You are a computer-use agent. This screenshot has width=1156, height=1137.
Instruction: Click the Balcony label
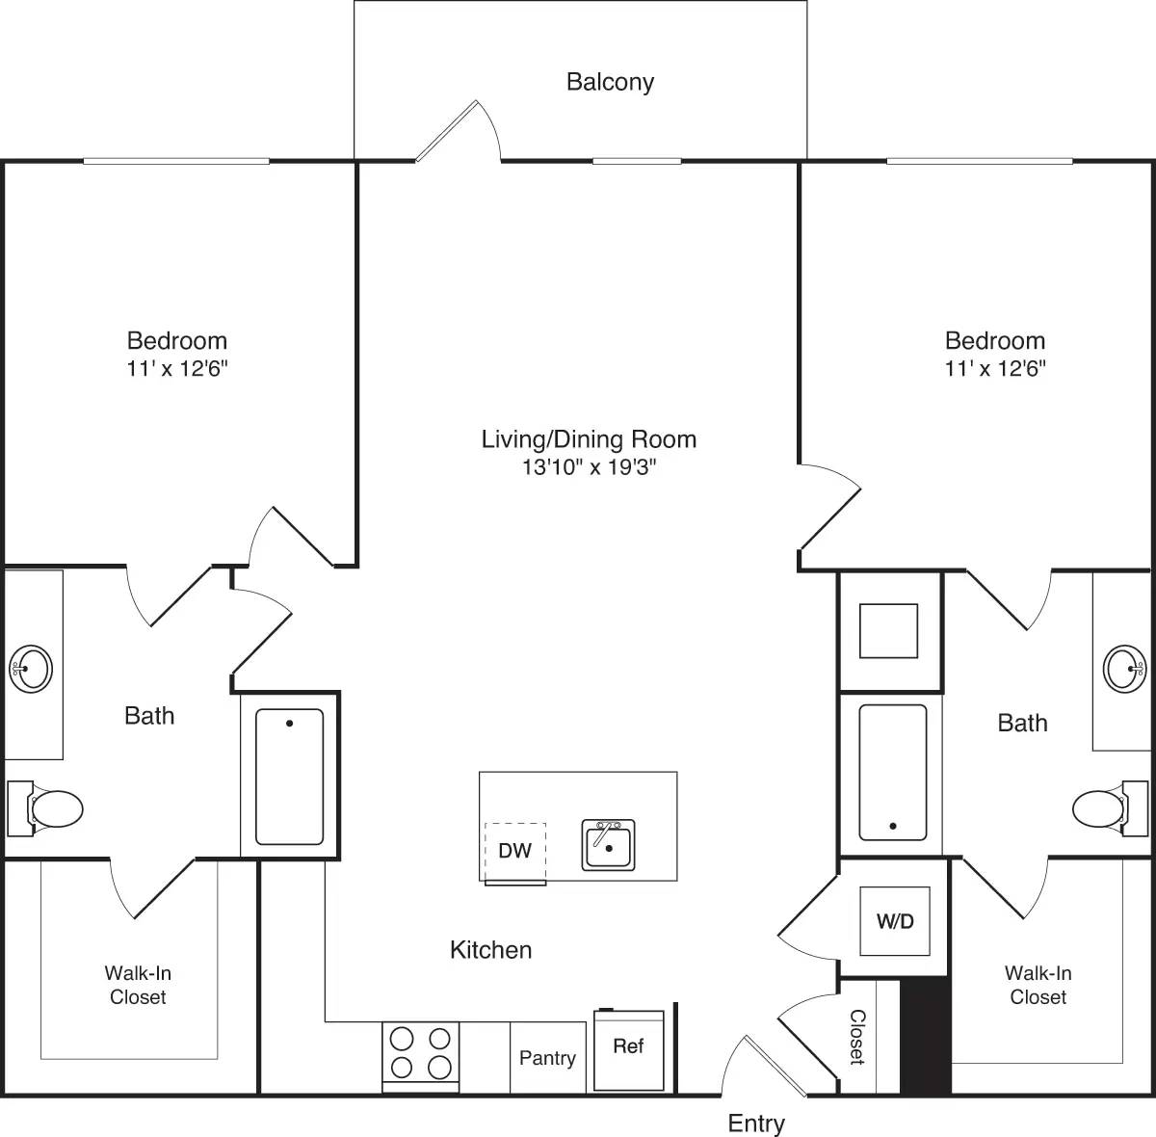tap(610, 82)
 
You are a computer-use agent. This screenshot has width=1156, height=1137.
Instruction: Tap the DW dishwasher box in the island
tap(515, 850)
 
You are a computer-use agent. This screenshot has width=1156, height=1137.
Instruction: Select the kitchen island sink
tap(608, 845)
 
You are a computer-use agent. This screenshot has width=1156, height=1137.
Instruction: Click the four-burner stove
tap(421, 1053)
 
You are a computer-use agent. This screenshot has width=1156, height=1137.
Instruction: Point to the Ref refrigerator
tap(629, 1048)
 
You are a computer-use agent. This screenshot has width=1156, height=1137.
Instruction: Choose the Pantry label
tap(547, 1058)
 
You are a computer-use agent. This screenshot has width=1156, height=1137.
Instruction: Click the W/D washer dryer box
tap(895, 921)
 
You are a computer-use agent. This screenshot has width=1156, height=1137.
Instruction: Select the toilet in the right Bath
tap(1099, 808)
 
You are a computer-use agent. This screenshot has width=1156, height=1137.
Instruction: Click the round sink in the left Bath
tap(31, 667)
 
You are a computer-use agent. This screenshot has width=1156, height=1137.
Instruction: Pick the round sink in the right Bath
tap(1123, 667)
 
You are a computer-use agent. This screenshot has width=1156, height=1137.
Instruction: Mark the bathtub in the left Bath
tap(289, 777)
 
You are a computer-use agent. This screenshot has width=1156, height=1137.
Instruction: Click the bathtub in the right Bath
tap(892, 773)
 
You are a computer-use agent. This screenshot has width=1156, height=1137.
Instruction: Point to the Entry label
tap(756, 1123)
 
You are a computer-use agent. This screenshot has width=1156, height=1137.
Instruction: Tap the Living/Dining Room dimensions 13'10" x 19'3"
tap(589, 468)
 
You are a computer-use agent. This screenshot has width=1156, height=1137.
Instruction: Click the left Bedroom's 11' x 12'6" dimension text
tap(177, 368)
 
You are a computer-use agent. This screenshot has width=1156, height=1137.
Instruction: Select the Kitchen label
tap(490, 950)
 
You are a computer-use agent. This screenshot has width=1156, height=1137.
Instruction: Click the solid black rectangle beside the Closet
tap(925, 1037)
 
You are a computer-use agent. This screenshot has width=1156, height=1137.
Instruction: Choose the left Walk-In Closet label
tap(138, 985)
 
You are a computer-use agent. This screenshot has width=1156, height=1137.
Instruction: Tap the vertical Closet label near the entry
tap(856, 1037)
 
